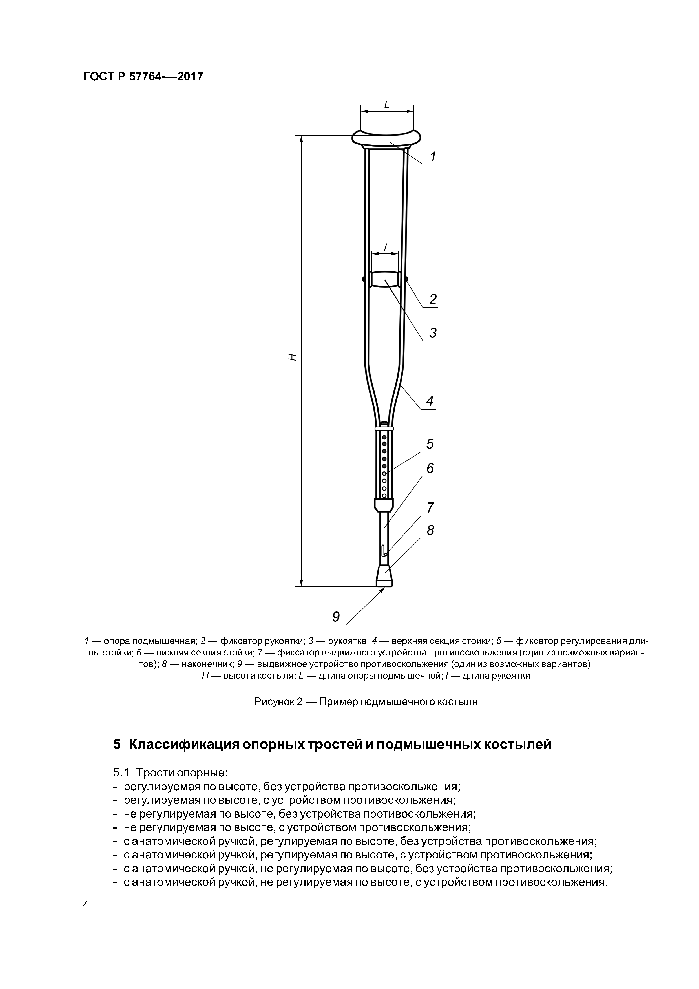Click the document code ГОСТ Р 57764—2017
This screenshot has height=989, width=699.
143,77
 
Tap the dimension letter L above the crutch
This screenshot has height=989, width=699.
386,104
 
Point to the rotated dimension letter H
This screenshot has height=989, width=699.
293,357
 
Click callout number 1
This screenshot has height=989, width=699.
433,157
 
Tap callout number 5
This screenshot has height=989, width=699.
430,444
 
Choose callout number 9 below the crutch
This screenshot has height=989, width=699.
335,617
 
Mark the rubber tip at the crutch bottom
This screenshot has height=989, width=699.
384,576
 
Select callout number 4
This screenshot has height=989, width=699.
430,401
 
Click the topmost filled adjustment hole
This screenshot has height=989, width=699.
384,437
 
